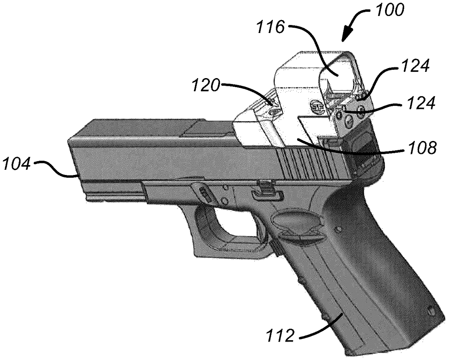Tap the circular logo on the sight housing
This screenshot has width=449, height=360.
click(x=316, y=107)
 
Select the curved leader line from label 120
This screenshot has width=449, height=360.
click(x=250, y=90)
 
